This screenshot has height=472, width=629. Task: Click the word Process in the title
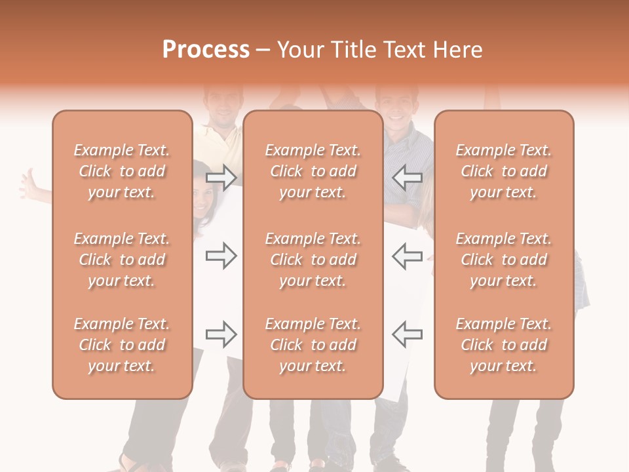[x=206, y=50]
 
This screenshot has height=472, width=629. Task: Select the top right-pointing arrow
[x=221, y=177]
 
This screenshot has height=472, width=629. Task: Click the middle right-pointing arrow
[x=221, y=256]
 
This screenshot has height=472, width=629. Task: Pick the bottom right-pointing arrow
[x=221, y=334]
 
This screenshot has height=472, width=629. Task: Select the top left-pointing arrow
[x=407, y=177]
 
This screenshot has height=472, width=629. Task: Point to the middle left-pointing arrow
[x=407, y=256]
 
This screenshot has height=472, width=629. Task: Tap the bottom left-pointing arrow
[x=407, y=334]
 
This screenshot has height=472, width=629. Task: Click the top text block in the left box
[x=122, y=171]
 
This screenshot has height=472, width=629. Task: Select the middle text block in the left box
[x=122, y=260]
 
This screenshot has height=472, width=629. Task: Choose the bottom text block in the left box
[x=122, y=345]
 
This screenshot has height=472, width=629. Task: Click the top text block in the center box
[x=313, y=171]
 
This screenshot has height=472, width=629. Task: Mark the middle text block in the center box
[x=313, y=260]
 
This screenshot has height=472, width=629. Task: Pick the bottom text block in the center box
[x=313, y=345]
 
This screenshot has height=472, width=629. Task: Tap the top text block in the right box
[x=503, y=171]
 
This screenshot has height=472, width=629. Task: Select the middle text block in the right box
[x=503, y=260]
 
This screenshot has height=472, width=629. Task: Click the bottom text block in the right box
[x=503, y=345]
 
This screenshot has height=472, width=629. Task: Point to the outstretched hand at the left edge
[x=30, y=184]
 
